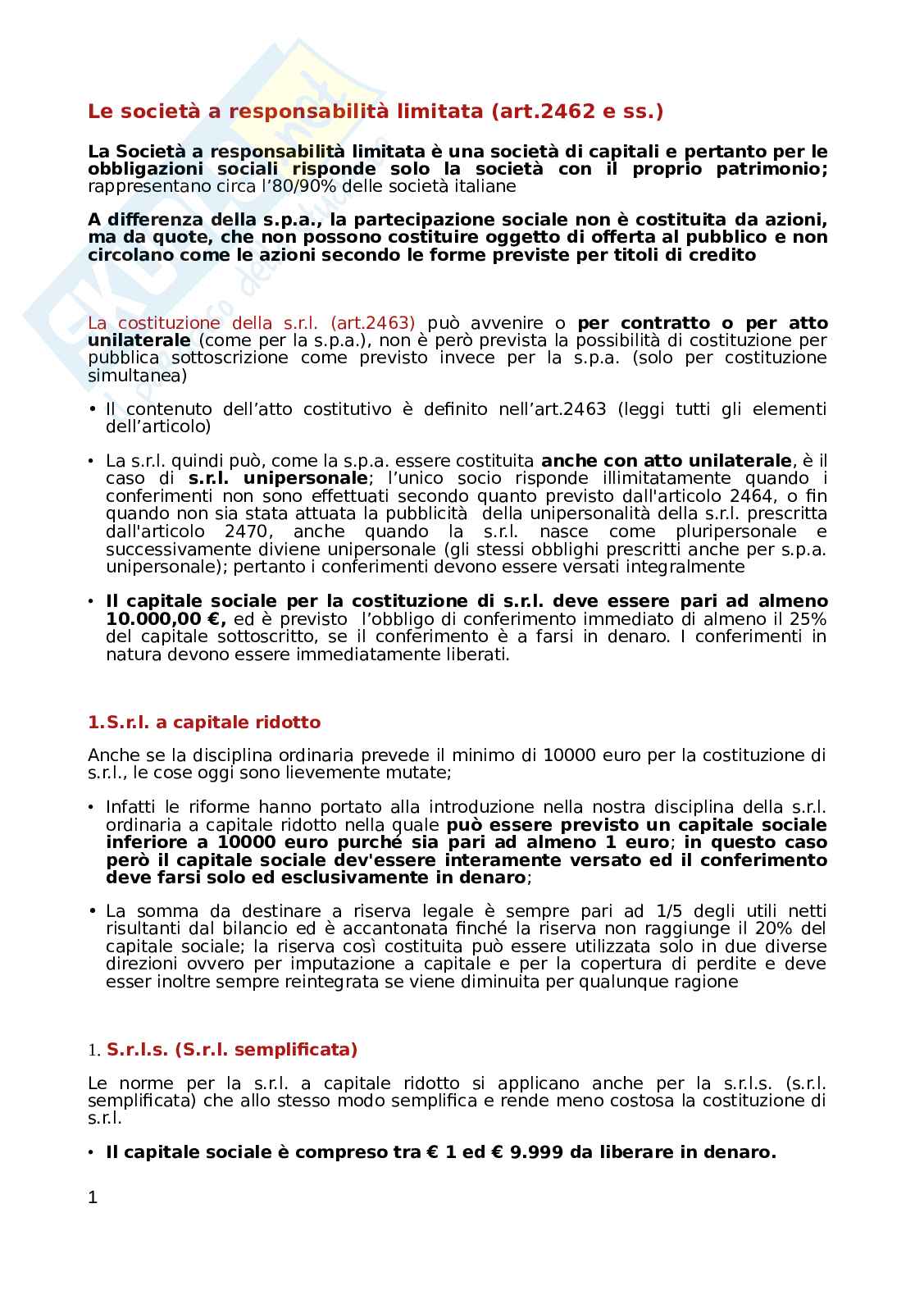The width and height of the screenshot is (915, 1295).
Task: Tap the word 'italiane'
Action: point(486,186)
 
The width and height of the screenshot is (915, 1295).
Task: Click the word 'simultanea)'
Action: point(137,376)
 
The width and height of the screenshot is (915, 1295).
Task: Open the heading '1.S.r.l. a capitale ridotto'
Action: point(204,723)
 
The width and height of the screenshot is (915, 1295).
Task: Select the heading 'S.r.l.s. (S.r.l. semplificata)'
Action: point(232,1050)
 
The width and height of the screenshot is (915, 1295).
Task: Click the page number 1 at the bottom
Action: point(93,1197)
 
